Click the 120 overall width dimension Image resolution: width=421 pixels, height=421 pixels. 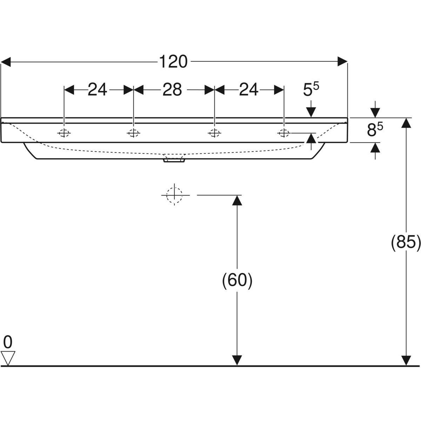(x=174, y=62)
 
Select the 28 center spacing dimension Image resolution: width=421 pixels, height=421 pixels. (x=172, y=90)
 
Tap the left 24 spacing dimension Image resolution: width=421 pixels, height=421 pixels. (x=97, y=90)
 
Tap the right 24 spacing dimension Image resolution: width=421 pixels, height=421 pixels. (x=249, y=90)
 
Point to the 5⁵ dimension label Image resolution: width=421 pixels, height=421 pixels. (x=311, y=91)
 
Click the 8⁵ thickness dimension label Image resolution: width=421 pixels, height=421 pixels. (x=375, y=130)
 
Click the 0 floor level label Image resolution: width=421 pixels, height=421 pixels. (x=8, y=341)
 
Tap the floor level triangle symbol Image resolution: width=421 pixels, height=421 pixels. (x=8, y=358)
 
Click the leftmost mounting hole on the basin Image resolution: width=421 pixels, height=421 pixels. (x=64, y=133)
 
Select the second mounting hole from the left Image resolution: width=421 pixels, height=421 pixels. (x=133, y=133)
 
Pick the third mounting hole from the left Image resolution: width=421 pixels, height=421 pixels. (x=214, y=133)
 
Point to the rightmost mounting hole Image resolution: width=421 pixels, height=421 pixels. (x=283, y=133)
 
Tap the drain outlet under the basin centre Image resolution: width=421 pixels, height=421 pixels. (x=174, y=160)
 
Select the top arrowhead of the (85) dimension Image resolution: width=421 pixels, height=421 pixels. (x=406, y=123)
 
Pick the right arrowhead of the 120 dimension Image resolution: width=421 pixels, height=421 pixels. (x=342, y=62)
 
